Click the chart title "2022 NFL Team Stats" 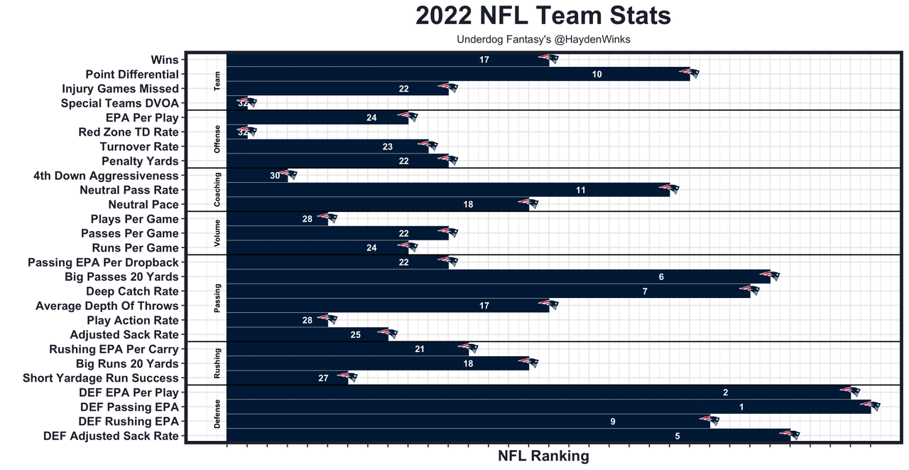coord(543,16)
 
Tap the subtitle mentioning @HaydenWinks coord(543,40)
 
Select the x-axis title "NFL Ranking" coord(543,456)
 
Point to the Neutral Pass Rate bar coord(447,190)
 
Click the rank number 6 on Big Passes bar coord(661,277)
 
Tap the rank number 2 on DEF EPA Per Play coord(726,392)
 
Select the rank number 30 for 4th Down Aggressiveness coord(275,176)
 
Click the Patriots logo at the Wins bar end coord(549,59)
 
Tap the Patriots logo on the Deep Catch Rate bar coord(750,290)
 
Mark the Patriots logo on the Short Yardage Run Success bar coord(348,377)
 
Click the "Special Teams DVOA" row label coord(120,103)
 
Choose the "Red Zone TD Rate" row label coord(129,132)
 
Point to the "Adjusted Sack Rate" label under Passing coord(124,335)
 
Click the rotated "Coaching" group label coord(217,190)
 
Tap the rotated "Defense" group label coord(217,415)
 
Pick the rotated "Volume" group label coord(217,233)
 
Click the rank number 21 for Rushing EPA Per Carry coord(420,349)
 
